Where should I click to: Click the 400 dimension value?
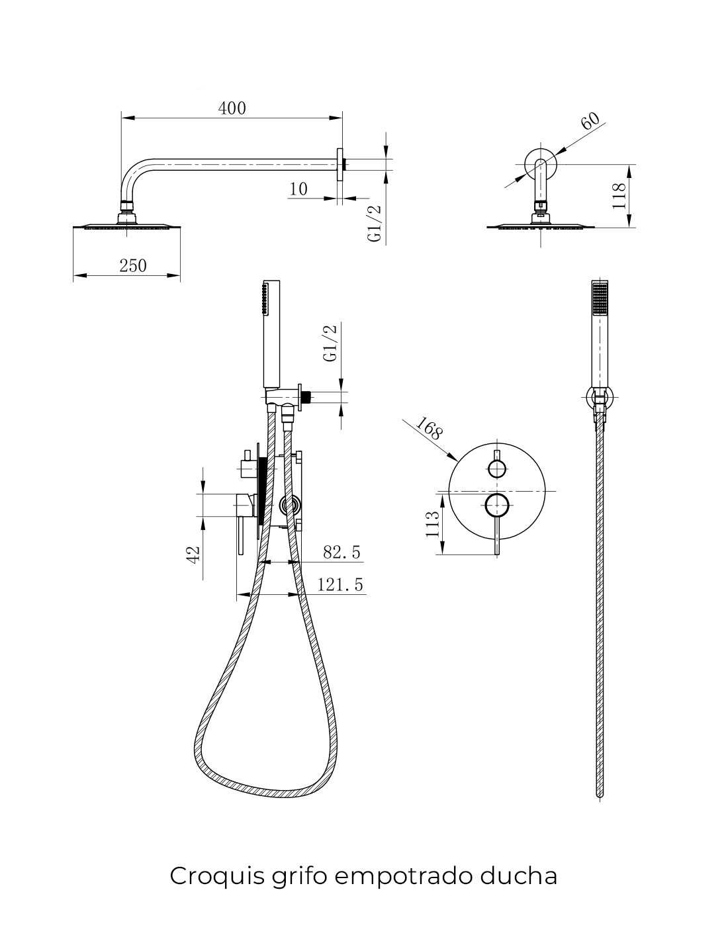232,109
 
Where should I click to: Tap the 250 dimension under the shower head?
133,265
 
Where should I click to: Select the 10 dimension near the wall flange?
298,189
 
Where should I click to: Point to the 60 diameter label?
590,121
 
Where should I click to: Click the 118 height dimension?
619,196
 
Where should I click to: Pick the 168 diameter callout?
429,428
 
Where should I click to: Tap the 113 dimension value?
432,524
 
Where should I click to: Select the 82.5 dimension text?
341,552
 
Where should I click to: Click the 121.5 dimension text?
340,584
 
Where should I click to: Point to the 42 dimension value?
194,555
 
